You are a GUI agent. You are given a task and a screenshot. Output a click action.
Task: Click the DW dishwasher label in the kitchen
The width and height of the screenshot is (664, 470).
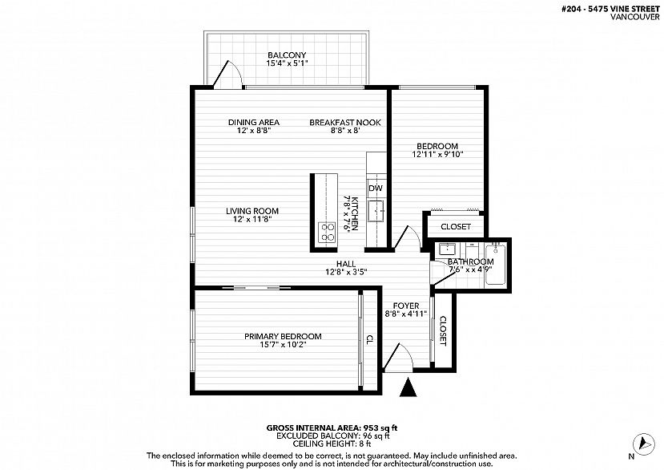(x=375, y=188)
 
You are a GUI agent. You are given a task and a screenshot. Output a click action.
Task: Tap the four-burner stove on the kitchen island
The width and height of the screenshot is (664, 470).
(x=327, y=233)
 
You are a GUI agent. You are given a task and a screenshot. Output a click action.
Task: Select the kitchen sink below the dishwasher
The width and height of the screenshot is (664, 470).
(x=376, y=211)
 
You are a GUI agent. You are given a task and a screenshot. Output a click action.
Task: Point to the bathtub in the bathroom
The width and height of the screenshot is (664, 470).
(x=495, y=265)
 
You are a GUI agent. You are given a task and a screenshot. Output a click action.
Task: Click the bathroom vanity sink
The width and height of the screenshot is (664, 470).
(x=446, y=249)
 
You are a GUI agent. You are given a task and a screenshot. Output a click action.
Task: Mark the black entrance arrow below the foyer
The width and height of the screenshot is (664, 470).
(x=408, y=387)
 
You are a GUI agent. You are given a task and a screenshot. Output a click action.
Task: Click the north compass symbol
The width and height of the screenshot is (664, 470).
(x=643, y=444)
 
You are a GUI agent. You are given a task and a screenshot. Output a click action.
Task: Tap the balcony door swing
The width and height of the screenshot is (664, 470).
(x=227, y=75)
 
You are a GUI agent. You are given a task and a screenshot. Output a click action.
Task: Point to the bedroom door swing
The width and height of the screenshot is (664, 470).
(x=407, y=237)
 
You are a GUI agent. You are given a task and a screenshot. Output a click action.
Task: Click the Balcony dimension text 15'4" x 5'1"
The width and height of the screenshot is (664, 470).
(x=287, y=63)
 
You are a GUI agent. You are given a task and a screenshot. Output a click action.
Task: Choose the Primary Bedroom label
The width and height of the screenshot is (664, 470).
(x=283, y=336)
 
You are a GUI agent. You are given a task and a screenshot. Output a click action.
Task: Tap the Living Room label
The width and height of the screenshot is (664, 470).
(x=252, y=211)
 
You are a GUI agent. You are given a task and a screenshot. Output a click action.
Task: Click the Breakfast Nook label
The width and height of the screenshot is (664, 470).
(x=345, y=123)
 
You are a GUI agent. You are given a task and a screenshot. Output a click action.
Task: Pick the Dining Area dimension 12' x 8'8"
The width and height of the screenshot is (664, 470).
(x=254, y=131)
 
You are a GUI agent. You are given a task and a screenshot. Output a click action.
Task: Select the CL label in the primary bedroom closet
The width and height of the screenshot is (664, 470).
(x=369, y=339)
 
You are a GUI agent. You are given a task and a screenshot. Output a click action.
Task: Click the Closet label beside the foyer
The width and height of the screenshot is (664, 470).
(x=442, y=331)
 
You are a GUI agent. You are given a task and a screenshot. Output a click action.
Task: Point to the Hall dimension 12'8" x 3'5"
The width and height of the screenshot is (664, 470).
(x=346, y=272)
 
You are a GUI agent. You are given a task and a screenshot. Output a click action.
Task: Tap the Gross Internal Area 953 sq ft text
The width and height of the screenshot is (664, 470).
(x=332, y=428)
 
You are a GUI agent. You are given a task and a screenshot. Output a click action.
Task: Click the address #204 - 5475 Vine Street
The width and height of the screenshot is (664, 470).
(x=610, y=9)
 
